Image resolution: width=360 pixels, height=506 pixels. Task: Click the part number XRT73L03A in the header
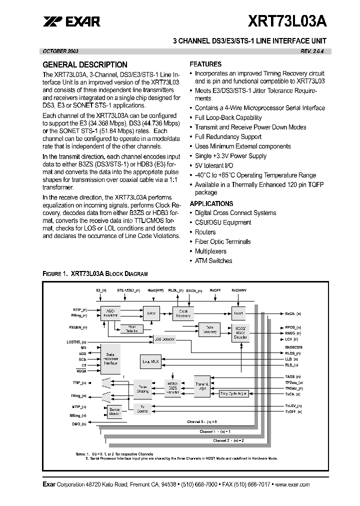tap(289, 21)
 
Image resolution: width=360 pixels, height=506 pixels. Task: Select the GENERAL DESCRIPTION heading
tap(85, 64)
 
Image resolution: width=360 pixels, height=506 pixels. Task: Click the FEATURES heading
tap(205, 64)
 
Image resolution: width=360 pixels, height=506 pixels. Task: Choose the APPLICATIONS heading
tap(211, 203)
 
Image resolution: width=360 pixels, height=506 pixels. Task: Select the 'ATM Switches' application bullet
tap(213, 260)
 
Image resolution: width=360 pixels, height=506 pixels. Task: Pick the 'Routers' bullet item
tap(205, 232)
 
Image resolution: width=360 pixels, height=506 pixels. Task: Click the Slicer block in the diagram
tap(151, 313)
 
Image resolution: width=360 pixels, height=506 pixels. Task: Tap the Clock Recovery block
tap(183, 313)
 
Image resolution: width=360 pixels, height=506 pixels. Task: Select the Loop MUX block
tap(150, 360)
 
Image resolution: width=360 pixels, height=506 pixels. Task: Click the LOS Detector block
tap(165, 339)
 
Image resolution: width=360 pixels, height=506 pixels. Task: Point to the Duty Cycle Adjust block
tap(233, 393)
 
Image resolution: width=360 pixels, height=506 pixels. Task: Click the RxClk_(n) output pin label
tap(293, 313)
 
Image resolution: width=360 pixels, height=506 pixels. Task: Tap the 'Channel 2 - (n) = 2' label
tap(229, 440)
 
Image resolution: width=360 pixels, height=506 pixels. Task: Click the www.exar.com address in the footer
tap(292, 484)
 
